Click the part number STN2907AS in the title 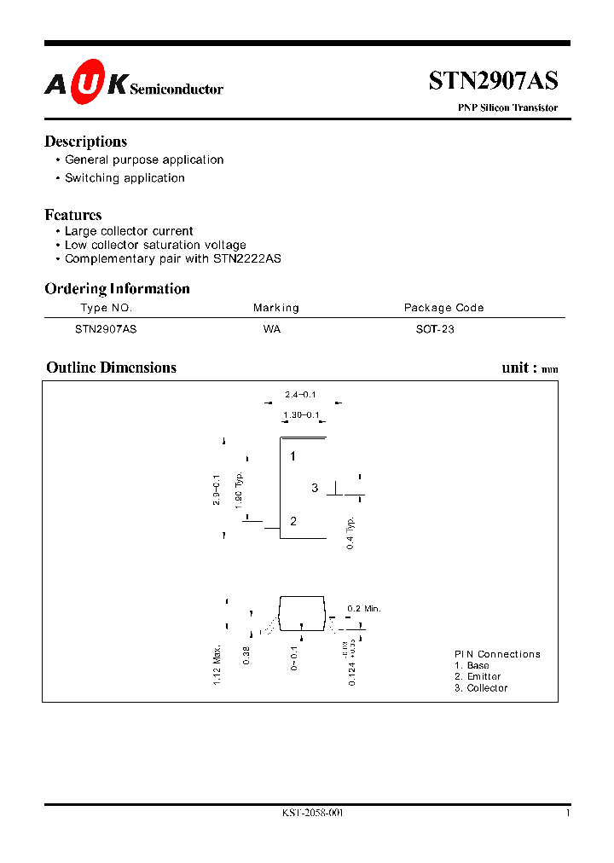point(493,81)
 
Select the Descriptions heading point(85,142)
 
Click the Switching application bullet point(125,178)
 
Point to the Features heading point(73,215)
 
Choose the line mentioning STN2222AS point(172,258)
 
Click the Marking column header point(275,308)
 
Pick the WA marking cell point(272,328)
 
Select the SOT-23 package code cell point(429,328)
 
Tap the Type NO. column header point(106,308)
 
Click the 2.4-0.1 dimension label point(300,394)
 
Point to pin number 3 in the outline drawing point(315,488)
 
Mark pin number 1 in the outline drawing point(293,456)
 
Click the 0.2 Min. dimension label point(363,608)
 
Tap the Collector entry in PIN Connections point(481,688)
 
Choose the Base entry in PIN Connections point(472,665)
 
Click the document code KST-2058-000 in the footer point(312,814)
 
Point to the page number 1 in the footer point(567,814)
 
